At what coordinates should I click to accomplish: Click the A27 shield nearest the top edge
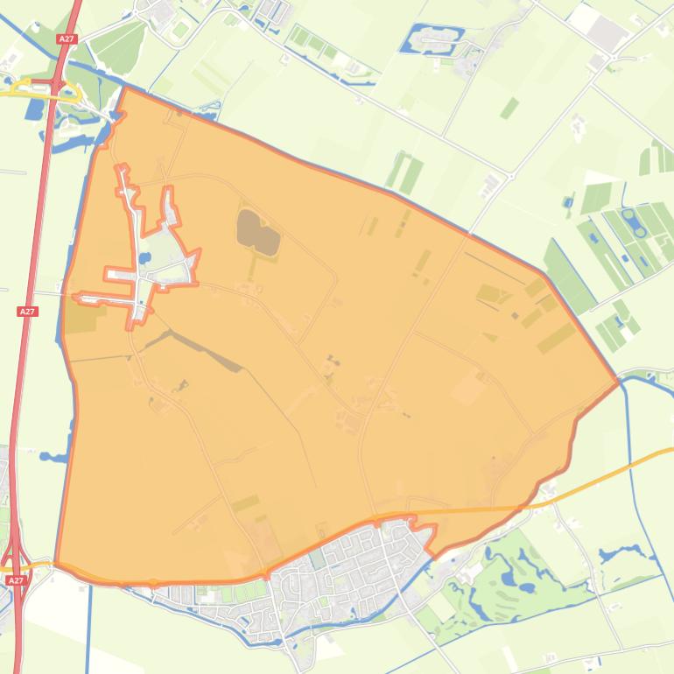[67, 39]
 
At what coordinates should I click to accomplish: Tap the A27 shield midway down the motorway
[27, 312]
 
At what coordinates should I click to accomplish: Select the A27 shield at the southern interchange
[15, 580]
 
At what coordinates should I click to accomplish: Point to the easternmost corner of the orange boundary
[619, 382]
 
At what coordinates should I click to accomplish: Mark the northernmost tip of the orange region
[126, 87]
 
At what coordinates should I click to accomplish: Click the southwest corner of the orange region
[56, 564]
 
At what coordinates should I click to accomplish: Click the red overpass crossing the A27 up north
[58, 85]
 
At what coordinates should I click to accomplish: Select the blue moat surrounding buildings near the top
[432, 37]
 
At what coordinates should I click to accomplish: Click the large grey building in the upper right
[607, 34]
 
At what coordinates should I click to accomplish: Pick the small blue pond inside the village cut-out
[142, 259]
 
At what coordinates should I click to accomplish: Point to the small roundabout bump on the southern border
[153, 582]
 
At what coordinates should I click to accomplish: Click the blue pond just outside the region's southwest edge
[53, 457]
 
